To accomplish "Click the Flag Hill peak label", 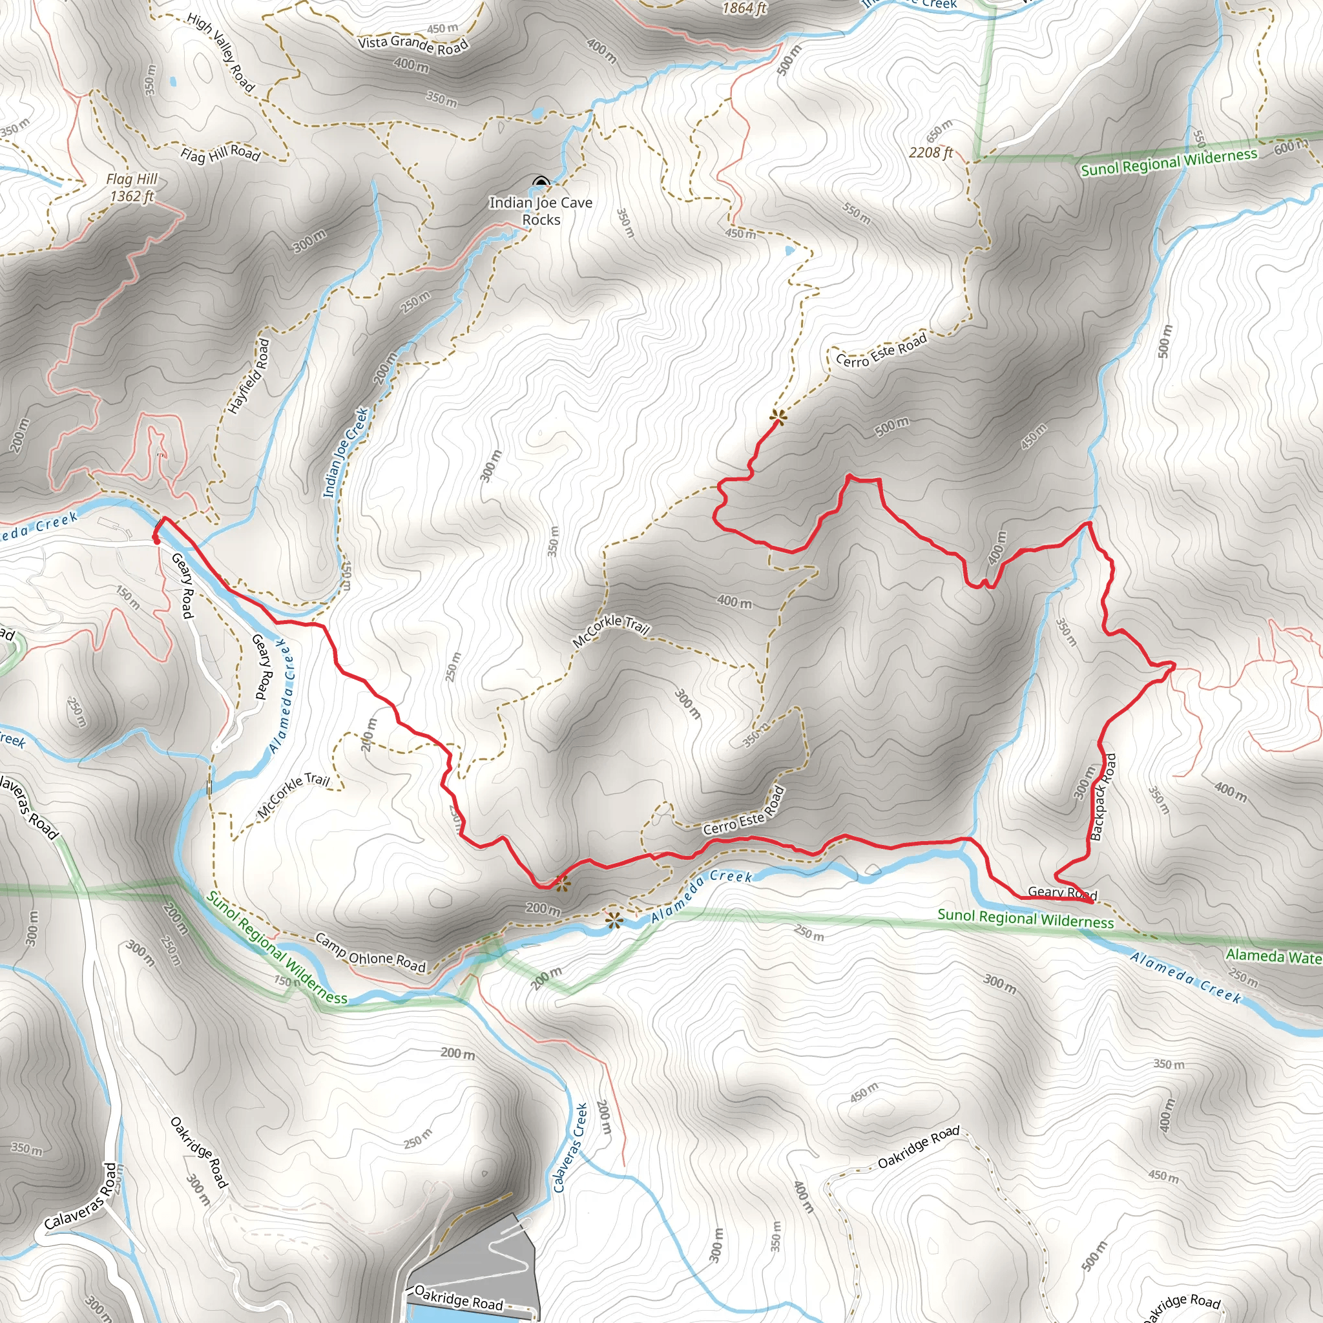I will click(132, 187).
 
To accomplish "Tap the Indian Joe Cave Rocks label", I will click(540, 211).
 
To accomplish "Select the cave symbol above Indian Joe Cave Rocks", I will click(541, 182).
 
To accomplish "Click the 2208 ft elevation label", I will click(931, 152).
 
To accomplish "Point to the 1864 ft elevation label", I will click(744, 8).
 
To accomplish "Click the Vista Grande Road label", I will click(413, 45).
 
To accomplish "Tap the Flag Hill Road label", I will click(220, 153).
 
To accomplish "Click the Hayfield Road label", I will click(249, 376).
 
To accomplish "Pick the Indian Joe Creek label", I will click(346, 453).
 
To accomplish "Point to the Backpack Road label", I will click(1103, 797).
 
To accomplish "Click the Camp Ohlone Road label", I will click(370, 952).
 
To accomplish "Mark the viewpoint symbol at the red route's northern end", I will click(778, 415).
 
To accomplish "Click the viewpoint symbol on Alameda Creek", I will click(614, 920).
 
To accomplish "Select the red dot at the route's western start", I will click(156, 540).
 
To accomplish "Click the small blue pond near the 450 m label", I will click(790, 251).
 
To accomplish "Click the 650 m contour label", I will click(939, 130).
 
